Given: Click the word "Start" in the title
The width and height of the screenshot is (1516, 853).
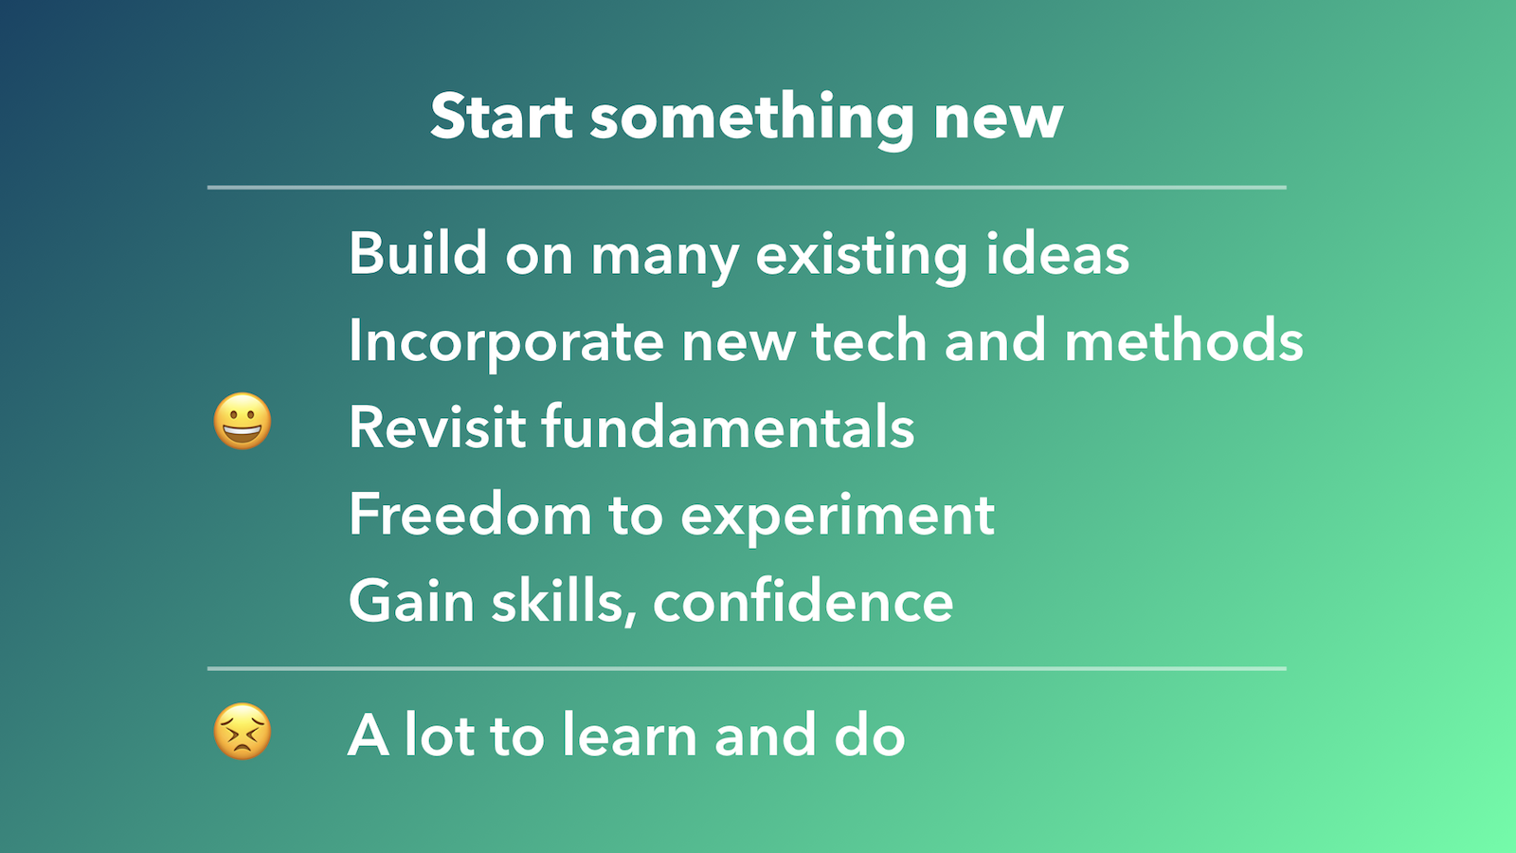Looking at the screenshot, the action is (x=501, y=117).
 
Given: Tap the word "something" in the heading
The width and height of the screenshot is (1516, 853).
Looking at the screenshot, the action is (x=752, y=121).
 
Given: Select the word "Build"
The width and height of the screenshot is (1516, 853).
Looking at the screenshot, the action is (x=418, y=253).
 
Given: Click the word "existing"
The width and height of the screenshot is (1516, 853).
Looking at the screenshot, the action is (x=861, y=257).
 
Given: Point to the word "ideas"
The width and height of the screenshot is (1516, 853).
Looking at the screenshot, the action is (x=1057, y=253).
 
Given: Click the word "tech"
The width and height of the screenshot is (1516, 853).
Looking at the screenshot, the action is (x=869, y=340).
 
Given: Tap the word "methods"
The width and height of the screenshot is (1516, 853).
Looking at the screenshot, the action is (x=1183, y=340).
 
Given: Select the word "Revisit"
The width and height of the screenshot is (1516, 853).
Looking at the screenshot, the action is (x=437, y=426).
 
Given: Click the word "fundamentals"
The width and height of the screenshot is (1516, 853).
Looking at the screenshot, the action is (x=729, y=426).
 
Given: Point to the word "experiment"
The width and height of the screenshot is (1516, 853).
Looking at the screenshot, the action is (x=838, y=517).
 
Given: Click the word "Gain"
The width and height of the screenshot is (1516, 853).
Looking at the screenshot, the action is (x=411, y=600).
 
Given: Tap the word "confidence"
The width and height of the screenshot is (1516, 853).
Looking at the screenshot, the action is (x=803, y=600).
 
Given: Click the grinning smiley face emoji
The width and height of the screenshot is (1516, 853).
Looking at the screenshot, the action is (x=243, y=421).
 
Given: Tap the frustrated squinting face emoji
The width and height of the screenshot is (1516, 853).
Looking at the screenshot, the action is (x=243, y=731).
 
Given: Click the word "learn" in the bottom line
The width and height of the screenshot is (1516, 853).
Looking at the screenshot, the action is (x=630, y=734).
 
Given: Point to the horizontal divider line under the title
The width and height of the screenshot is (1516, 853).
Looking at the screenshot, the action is (x=747, y=187).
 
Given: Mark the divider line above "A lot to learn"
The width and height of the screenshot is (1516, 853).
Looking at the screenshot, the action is (x=747, y=668).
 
